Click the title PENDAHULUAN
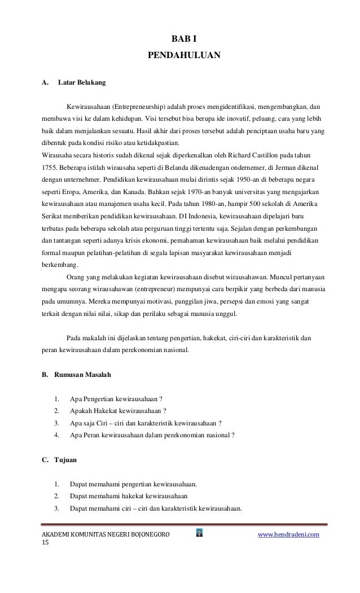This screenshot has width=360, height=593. pyautogui.click(x=183, y=56)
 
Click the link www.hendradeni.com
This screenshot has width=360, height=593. pyautogui.click(x=288, y=533)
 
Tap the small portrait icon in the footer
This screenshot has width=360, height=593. pyautogui.click(x=199, y=532)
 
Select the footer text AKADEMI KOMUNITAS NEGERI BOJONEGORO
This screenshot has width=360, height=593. pyautogui.click(x=105, y=534)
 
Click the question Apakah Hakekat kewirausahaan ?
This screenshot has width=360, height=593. pyautogui.click(x=118, y=410)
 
